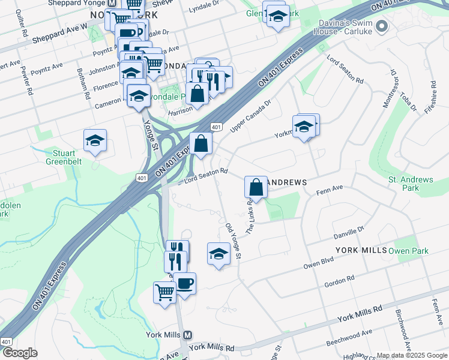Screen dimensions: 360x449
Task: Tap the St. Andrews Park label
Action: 411,184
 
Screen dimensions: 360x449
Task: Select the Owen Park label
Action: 408,250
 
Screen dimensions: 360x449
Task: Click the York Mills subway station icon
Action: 187,335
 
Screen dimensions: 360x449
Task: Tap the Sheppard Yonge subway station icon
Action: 111,3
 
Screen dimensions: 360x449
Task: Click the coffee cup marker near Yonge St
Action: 184,282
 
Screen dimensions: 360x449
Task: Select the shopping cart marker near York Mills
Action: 164,293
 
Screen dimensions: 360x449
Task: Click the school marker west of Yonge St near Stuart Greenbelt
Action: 95,141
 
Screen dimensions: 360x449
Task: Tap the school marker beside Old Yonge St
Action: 218,254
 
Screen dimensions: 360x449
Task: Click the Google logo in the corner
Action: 20,353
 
